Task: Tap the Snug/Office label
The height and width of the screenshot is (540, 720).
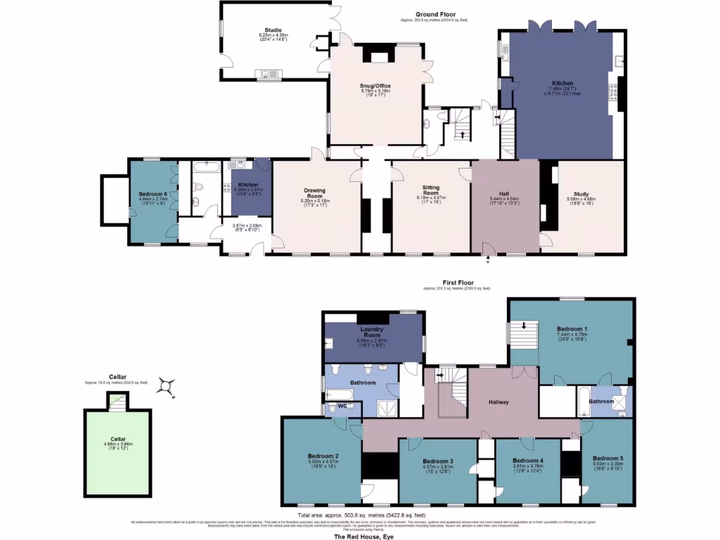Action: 375,86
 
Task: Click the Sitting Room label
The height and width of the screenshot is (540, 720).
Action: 430,191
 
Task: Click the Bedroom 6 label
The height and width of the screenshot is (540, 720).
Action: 152,194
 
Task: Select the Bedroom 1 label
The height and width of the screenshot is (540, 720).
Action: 571,328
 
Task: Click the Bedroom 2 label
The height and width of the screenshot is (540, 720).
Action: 323,456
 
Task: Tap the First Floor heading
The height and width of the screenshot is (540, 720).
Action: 456,283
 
